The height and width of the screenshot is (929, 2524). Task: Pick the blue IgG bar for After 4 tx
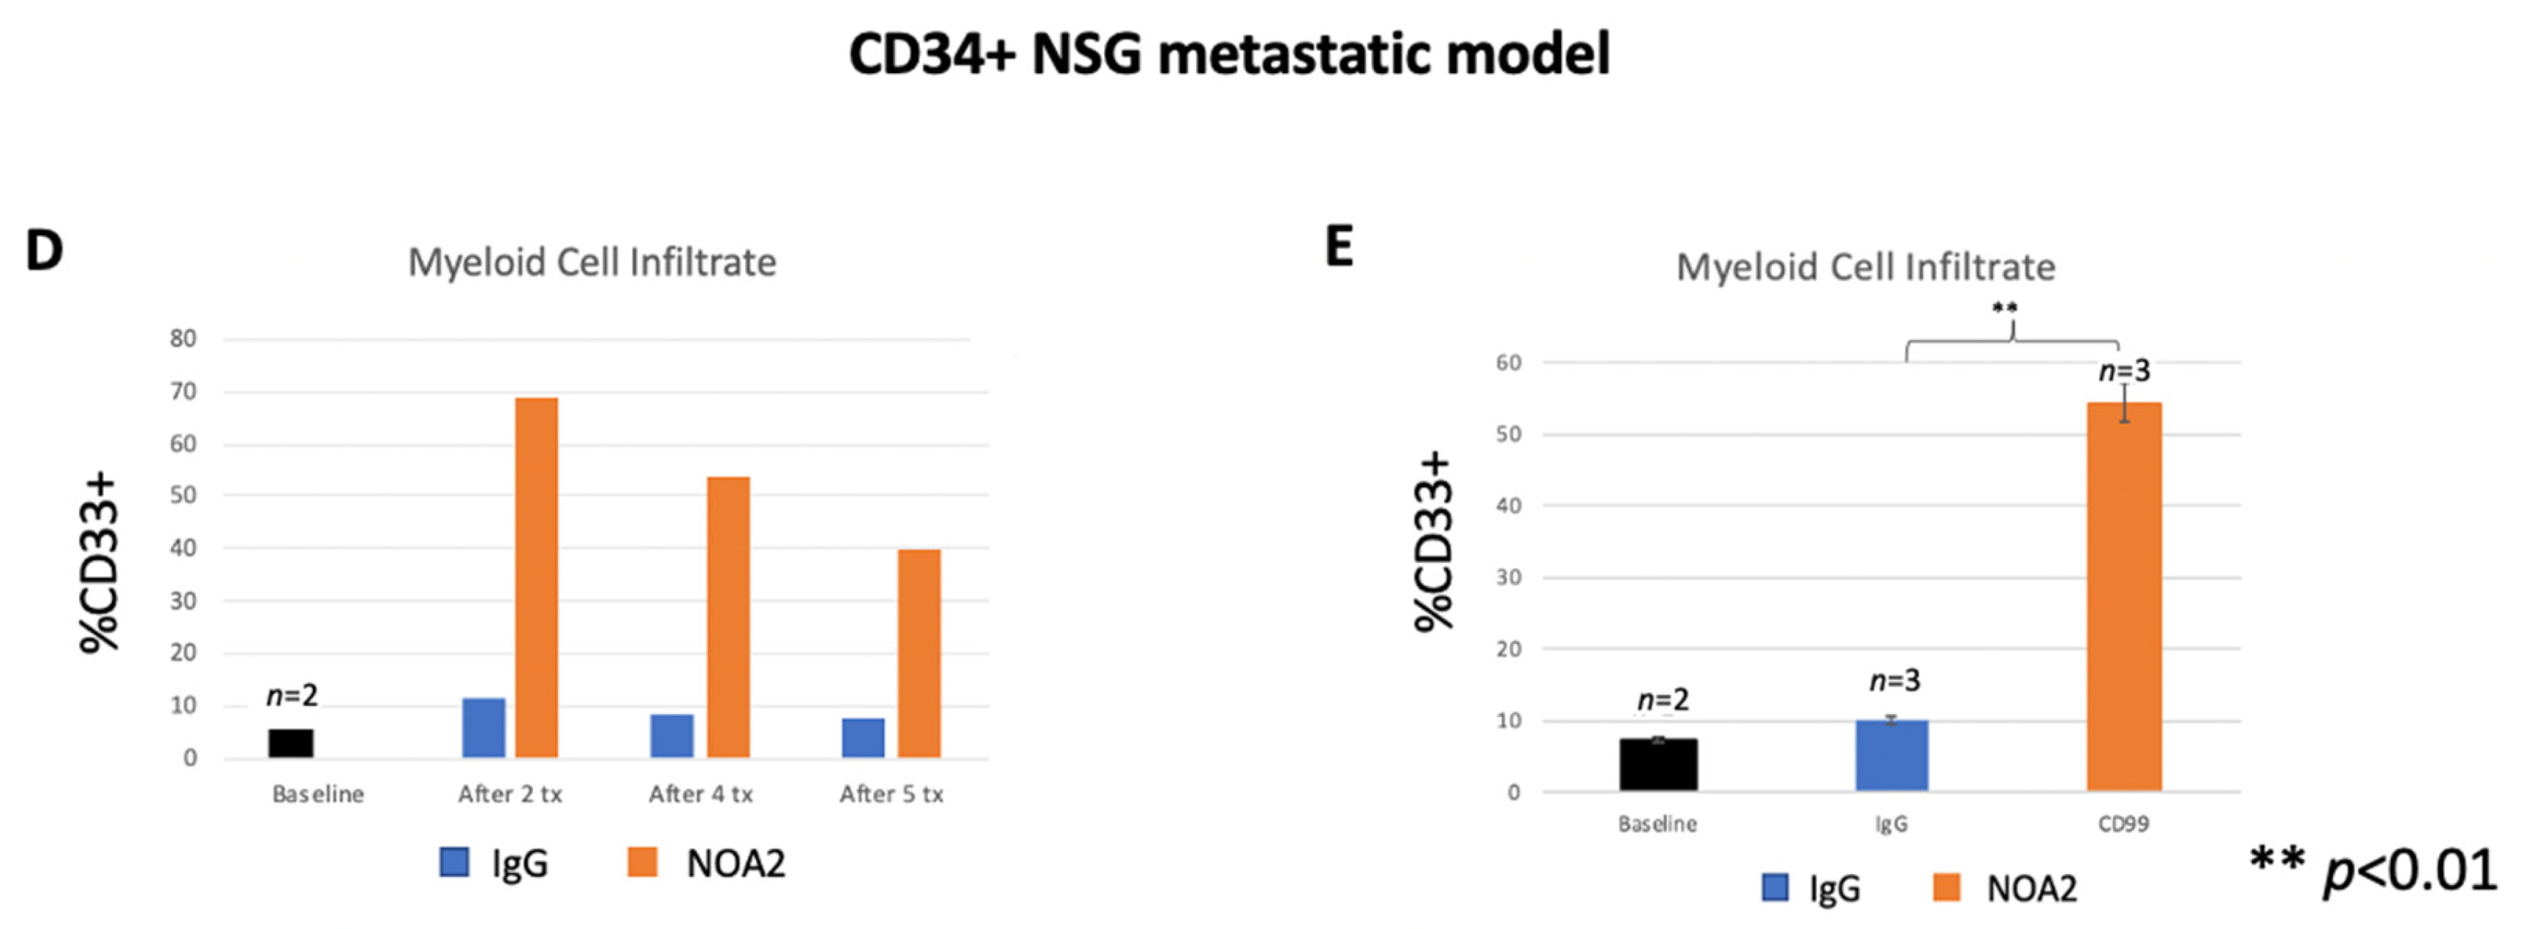click(x=671, y=735)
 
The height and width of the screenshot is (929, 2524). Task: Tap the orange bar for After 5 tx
click(x=919, y=653)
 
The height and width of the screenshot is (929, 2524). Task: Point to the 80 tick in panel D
click(x=184, y=339)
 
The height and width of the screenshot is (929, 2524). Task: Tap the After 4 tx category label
click(x=700, y=794)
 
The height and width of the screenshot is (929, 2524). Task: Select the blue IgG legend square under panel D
click(x=453, y=862)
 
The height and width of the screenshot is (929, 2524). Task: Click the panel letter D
click(x=44, y=251)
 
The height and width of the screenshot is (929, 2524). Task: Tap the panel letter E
click(x=1340, y=246)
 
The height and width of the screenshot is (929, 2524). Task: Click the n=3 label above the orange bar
click(x=2123, y=371)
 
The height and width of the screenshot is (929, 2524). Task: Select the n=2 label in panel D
click(x=292, y=696)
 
